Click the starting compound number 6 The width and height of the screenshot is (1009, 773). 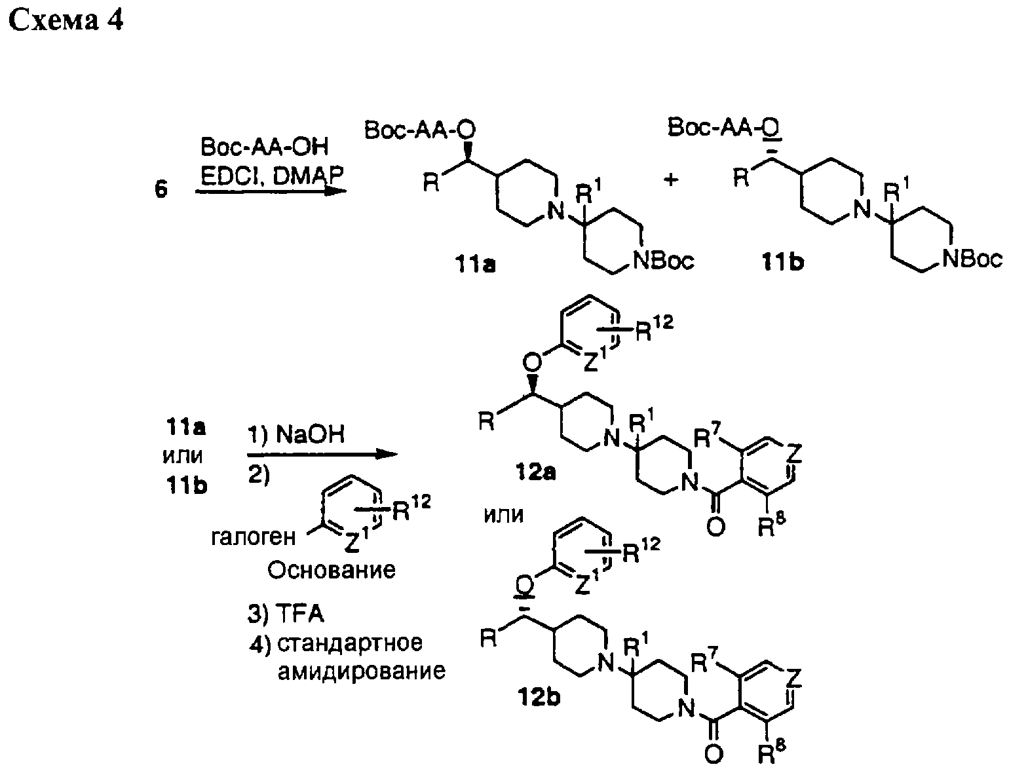pos(161,189)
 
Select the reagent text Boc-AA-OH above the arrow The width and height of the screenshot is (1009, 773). pos(264,147)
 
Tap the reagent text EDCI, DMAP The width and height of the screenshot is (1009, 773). pos(272,176)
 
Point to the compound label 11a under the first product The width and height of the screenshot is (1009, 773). pos(475,265)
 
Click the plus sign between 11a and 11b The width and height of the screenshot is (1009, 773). pos(670,179)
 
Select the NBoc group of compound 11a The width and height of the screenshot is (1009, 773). pos(664,261)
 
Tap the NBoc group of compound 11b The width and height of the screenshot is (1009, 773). pos(972,258)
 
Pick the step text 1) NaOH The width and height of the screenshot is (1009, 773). pos(295,434)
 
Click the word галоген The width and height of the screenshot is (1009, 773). pos(253,538)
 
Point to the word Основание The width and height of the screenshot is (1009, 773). pos(331,570)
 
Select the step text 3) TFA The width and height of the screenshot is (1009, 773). pos(286,613)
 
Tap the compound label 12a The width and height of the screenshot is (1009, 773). pos(535,472)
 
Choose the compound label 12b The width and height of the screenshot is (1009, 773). pos(539,697)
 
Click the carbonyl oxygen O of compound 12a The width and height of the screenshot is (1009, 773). pos(715,528)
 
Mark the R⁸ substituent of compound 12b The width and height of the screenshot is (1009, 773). pos(771,753)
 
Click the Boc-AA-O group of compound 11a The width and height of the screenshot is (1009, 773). pos(420,130)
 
